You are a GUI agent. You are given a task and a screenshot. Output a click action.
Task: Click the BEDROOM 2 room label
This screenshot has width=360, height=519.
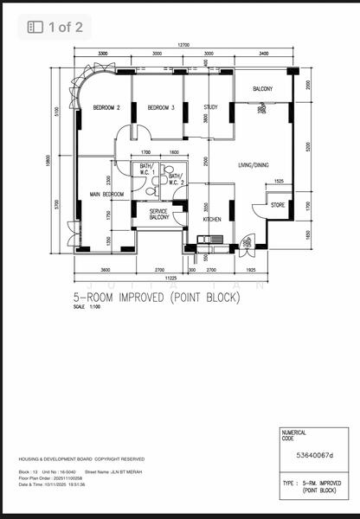click(106, 107)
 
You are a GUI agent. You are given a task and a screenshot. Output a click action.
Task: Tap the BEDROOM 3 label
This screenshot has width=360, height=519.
click(161, 107)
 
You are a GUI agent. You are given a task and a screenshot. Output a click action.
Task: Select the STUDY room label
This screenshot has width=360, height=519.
click(210, 107)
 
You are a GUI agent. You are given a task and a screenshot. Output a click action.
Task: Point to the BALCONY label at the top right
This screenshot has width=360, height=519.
click(263, 89)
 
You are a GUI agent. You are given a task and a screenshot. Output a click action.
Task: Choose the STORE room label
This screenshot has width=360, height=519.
click(278, 205)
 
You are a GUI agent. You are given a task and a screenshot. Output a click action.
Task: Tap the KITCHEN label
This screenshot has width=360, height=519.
click(213, 219)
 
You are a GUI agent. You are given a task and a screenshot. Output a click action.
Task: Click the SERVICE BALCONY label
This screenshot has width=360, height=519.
click(159, 215)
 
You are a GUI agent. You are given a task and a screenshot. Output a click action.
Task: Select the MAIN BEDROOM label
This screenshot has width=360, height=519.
click(107, 195)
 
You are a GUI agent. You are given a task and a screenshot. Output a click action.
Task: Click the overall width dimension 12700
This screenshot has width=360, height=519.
click(183, 44)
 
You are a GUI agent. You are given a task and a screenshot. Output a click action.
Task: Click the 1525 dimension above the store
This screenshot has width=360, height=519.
click(279, 181)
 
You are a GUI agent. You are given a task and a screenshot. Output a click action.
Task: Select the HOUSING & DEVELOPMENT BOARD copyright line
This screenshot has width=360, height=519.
click(81, 459)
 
